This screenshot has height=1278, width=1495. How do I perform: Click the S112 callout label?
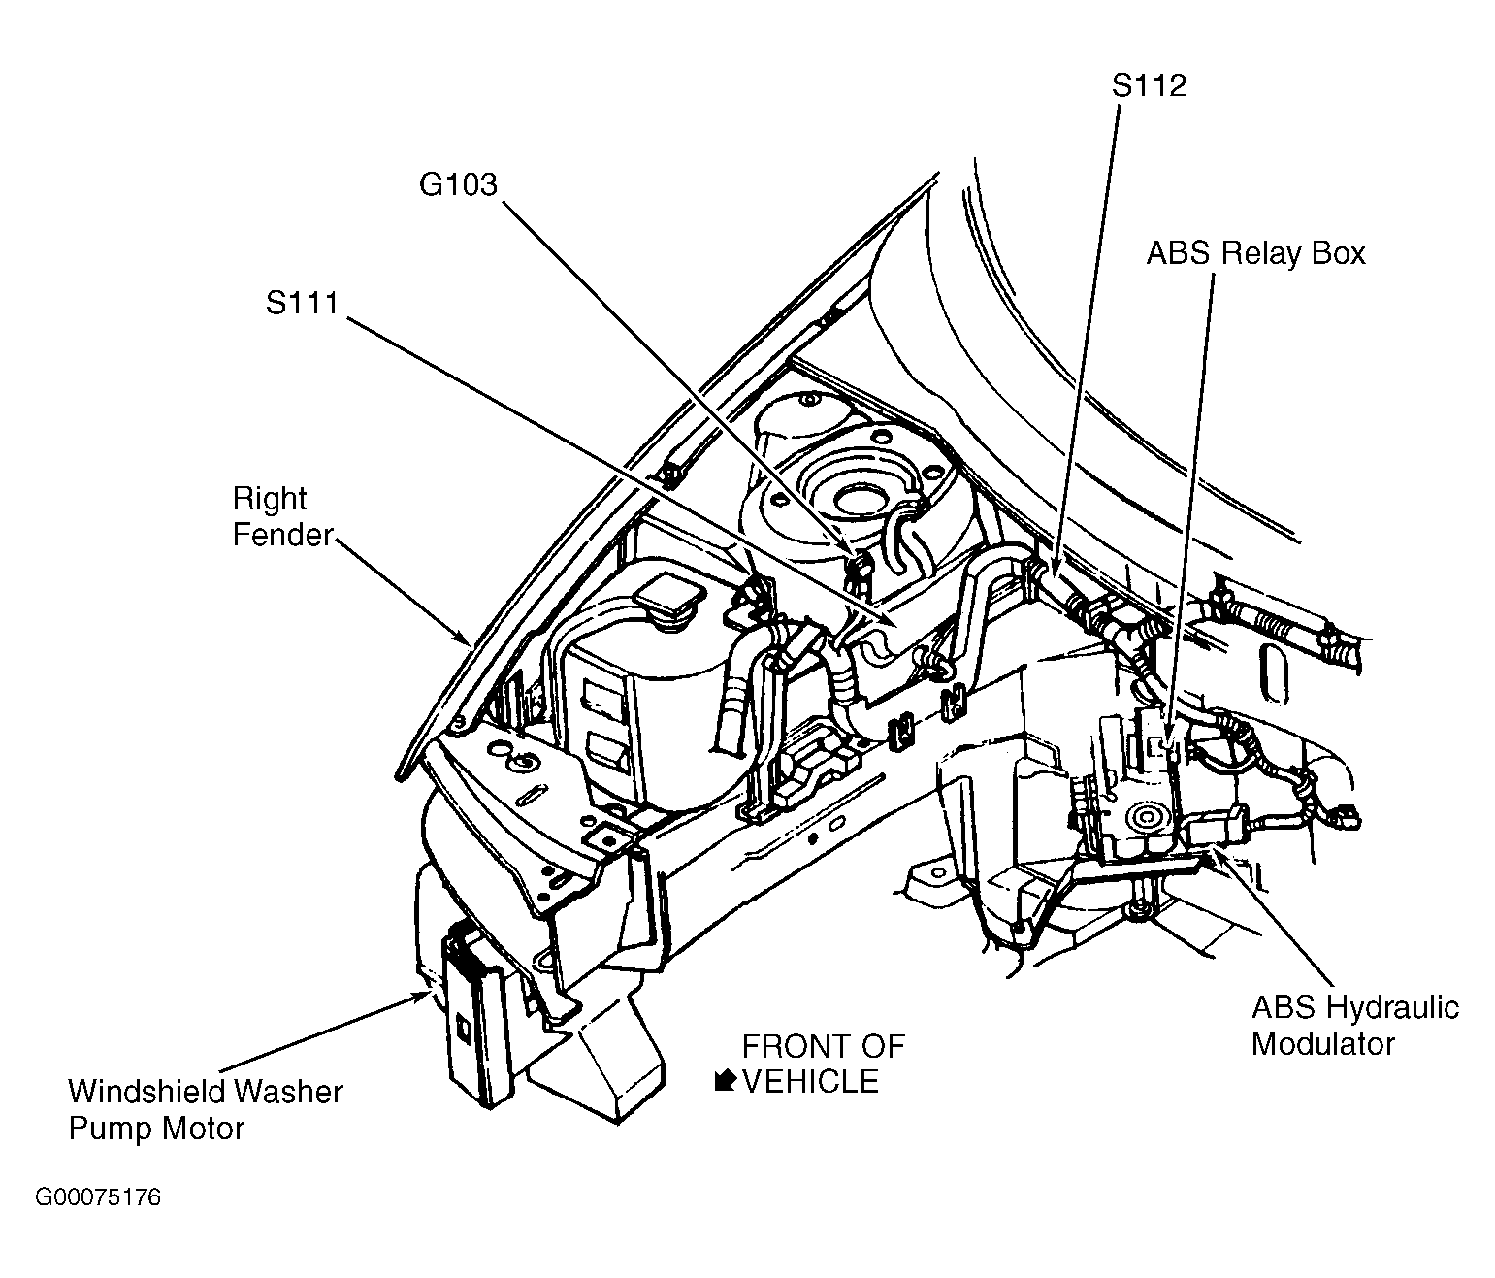[x=1149, y=85]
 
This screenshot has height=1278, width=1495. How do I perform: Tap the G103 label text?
[x=457, y=184]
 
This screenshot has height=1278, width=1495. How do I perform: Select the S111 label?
[x=302, y=304]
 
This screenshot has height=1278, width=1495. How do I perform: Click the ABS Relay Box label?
[x=1255, y=253]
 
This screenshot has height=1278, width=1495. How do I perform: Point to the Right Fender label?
[x=282, y=517]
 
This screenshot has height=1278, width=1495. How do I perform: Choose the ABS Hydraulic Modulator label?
[x=1354, y=1025]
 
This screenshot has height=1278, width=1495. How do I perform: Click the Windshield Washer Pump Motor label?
[x=205, y=1109]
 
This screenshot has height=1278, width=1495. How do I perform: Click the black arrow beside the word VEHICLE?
[x=724, y=1080]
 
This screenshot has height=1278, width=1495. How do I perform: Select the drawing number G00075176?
[x=98, y=1197]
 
